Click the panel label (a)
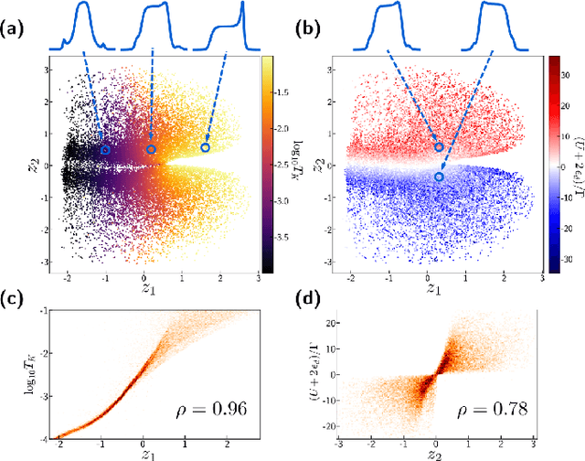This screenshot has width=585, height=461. [x=16, y=28]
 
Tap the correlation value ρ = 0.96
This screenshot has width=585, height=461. [x=216, y=409]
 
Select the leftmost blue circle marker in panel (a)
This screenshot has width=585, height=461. [x=105, y=150]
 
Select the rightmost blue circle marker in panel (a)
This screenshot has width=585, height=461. [x=206, y=147]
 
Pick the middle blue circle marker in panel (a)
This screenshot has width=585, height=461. [x=151, y=149]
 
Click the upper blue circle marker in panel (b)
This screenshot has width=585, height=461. [x=439, y=146]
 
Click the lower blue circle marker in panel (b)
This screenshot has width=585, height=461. [x=440, y=177]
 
